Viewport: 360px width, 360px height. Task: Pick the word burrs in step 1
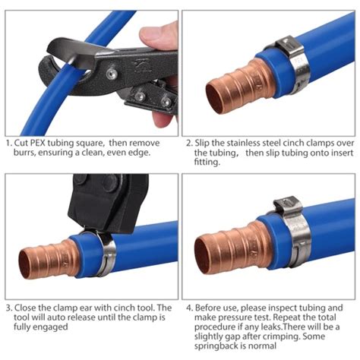pos(26,152)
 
